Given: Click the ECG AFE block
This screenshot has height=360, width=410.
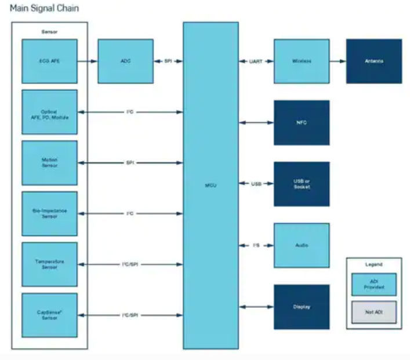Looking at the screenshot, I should click(x=49, y=61).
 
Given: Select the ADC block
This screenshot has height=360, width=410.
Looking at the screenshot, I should click(x=126, y=61).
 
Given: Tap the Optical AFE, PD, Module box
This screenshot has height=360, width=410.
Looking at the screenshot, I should click(x=49, y=112).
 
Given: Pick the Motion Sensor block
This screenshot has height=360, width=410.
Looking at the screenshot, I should click(x=49, y=163).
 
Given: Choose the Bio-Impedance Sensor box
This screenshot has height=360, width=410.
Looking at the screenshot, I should click(x=49, y=213).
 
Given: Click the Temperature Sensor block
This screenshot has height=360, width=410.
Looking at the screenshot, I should click(x=49, y=264).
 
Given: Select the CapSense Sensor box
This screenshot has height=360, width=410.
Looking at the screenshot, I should click(x=49, y=315).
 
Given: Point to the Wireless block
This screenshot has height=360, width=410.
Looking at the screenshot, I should click(x=302, y=61).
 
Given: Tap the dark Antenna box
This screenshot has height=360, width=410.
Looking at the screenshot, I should click(x=374, y=61).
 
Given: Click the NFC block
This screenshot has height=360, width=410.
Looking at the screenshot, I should click(x=302, y=122).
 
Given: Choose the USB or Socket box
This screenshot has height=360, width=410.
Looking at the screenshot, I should click(x=302, y=184).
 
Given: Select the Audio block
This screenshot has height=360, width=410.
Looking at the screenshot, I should click(x=302, y=245).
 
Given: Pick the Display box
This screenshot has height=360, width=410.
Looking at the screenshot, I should click(x=302, y=307).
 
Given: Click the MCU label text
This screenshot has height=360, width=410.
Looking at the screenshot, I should click(x=211, y=184).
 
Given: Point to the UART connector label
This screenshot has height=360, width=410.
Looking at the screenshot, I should click(x=256, y=61).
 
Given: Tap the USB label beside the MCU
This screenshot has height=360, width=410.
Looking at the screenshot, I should click(x=256, y=184).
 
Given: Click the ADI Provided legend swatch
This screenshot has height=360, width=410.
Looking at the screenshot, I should click(x=374, y=284).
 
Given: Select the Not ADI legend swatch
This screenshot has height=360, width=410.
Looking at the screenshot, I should click(x=374, y=312).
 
